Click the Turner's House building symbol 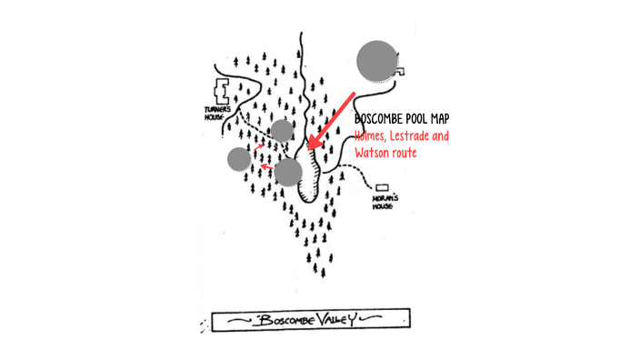(222, 91)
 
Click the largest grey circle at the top (376, 61)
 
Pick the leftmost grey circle (239, 160)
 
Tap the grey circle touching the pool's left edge (288, 171)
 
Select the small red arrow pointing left (265, 166)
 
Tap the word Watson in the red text (375, 153)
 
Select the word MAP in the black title (439, 119)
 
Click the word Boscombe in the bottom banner (285, 320)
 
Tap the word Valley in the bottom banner (338, 320)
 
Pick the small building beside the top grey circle (400, 71)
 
